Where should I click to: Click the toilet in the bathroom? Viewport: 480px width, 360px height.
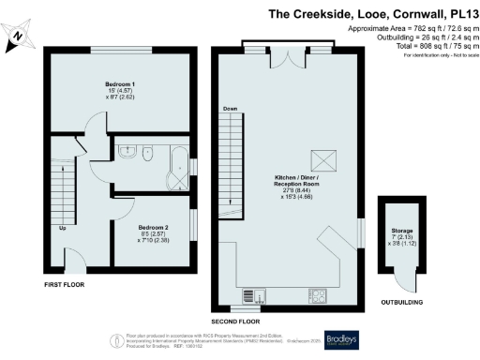[x=127, y=150]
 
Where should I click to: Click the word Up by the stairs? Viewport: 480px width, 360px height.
[x=63, y=228]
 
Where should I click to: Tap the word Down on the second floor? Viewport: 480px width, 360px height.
[x=230, y=110]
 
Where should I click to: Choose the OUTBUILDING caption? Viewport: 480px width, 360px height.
[x=399, y=303]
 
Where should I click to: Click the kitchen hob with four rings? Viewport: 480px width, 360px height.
[x=320, y=297]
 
